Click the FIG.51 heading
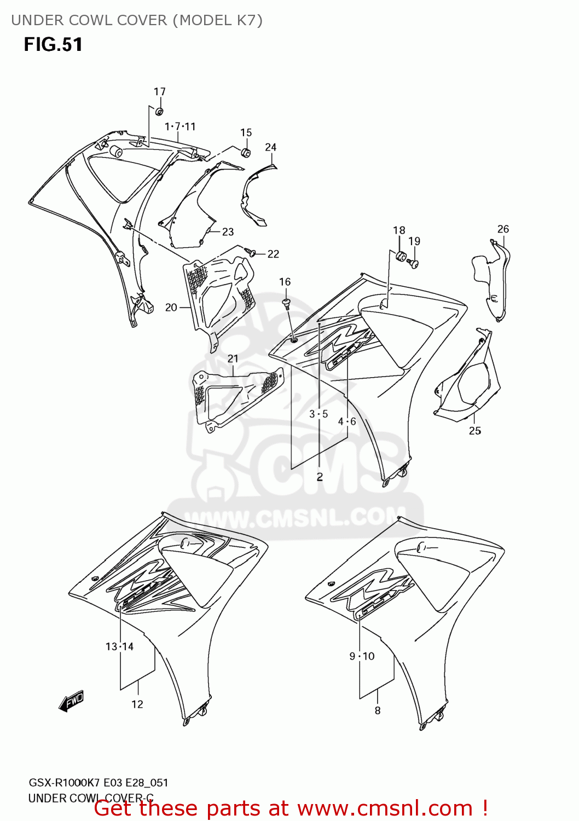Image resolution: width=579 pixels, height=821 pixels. (53, 44)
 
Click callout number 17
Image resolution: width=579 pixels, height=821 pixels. (159, 91)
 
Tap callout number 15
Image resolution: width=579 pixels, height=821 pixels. (246, 132)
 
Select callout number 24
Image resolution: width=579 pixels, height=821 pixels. (270, 147)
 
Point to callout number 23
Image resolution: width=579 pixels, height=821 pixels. (228, 232)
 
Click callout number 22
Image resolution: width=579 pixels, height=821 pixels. (273, 254)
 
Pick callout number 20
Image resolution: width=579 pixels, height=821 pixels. (171, 308)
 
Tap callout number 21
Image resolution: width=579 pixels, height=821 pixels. (233, 359)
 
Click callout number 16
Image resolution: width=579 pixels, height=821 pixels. (285, 282)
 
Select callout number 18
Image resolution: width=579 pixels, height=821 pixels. (399, 230)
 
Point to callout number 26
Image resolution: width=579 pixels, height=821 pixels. (503, 229)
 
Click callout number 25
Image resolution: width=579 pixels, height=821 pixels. (474, 431)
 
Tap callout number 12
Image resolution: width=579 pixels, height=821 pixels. (137, 704)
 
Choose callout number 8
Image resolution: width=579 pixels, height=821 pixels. (377, 710)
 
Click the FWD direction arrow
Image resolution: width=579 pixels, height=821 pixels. (72, 701)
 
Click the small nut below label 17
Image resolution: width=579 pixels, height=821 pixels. (159, 112)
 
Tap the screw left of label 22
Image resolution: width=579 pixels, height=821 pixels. (251, 252)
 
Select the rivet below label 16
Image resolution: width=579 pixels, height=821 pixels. (286, 303)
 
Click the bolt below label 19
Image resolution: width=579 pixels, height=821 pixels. (414, 264)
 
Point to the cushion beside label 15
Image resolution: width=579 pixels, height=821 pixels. (246, 152)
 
